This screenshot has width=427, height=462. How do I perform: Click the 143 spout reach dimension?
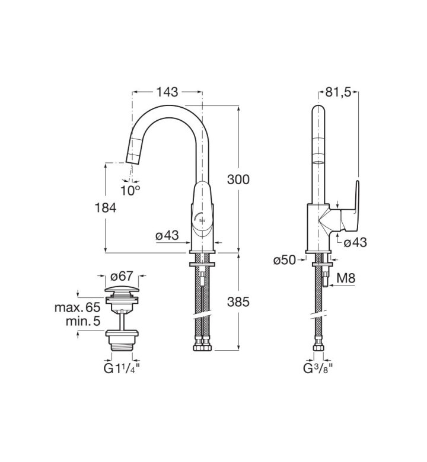(x=167, y=92)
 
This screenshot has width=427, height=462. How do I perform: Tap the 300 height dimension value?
(x=238, y=179)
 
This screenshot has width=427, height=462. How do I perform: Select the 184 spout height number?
(x=106, y=208)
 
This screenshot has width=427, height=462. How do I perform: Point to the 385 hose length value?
(x=238, y=301)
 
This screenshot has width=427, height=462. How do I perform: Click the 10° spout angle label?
(x=130, y=190)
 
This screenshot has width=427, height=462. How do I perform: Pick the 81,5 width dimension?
(x=338, y=92)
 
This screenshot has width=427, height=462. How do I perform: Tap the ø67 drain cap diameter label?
(x=122, y=277)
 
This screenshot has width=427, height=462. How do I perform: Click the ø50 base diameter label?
(x=285, y=260)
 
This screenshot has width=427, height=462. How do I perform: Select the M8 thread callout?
(x=346, y=278)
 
